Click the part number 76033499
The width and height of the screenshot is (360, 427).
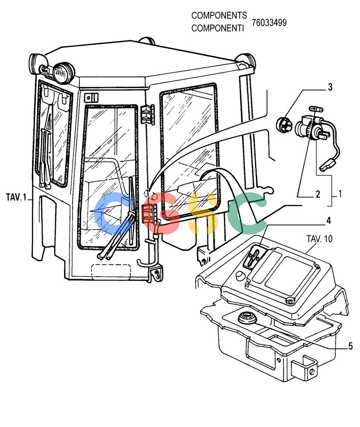[x=269, y=23]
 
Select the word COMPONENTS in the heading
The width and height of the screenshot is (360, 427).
[x=219, y=15]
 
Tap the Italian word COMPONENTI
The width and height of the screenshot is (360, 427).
[x=218, y=28]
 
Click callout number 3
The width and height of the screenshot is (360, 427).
[x=330, y=87]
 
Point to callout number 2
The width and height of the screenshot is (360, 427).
[x=317, y=194]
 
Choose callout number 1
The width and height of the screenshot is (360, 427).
[x=340, y=193]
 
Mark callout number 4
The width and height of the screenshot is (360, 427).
[x=329, y=221]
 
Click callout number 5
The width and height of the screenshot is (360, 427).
[x=351, y=346]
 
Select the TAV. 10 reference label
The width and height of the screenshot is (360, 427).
[x=319, y=239]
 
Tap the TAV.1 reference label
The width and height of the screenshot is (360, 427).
[x=16, y=197]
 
